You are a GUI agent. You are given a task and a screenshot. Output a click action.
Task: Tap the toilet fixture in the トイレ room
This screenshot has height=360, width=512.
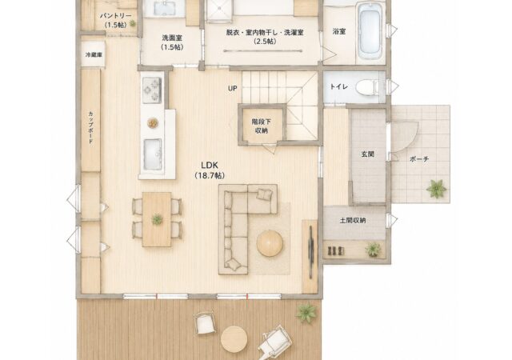368,87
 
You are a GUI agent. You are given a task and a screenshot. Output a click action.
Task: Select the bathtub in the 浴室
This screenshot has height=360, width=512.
370,31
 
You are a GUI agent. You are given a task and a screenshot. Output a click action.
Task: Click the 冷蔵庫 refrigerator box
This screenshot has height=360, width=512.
94,54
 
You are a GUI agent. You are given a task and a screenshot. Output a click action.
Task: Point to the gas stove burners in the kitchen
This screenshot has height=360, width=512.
152,90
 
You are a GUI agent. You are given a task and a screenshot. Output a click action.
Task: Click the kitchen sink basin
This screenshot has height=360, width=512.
153,154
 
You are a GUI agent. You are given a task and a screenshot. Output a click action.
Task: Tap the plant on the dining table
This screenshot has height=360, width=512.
157,219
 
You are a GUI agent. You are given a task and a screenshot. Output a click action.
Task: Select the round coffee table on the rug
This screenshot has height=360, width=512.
270,243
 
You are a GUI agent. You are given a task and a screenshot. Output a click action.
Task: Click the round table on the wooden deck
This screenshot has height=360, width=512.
234,338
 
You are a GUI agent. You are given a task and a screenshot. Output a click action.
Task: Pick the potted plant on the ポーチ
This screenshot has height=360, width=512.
436,189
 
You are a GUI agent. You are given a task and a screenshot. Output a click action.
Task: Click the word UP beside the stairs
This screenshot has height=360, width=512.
233,88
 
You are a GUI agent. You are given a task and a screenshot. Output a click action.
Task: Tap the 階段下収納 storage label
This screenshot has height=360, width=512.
262,126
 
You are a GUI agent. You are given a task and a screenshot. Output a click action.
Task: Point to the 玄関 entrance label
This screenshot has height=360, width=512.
368,154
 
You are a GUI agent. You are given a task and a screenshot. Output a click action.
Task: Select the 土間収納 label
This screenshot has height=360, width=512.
353,221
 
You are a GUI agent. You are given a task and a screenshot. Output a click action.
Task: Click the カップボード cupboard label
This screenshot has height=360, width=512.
90,128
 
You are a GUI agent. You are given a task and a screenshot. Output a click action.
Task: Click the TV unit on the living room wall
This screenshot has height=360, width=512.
311,252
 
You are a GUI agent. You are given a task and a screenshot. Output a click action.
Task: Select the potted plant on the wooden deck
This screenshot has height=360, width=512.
306,313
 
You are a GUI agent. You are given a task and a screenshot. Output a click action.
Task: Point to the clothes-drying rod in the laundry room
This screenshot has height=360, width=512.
262,50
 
